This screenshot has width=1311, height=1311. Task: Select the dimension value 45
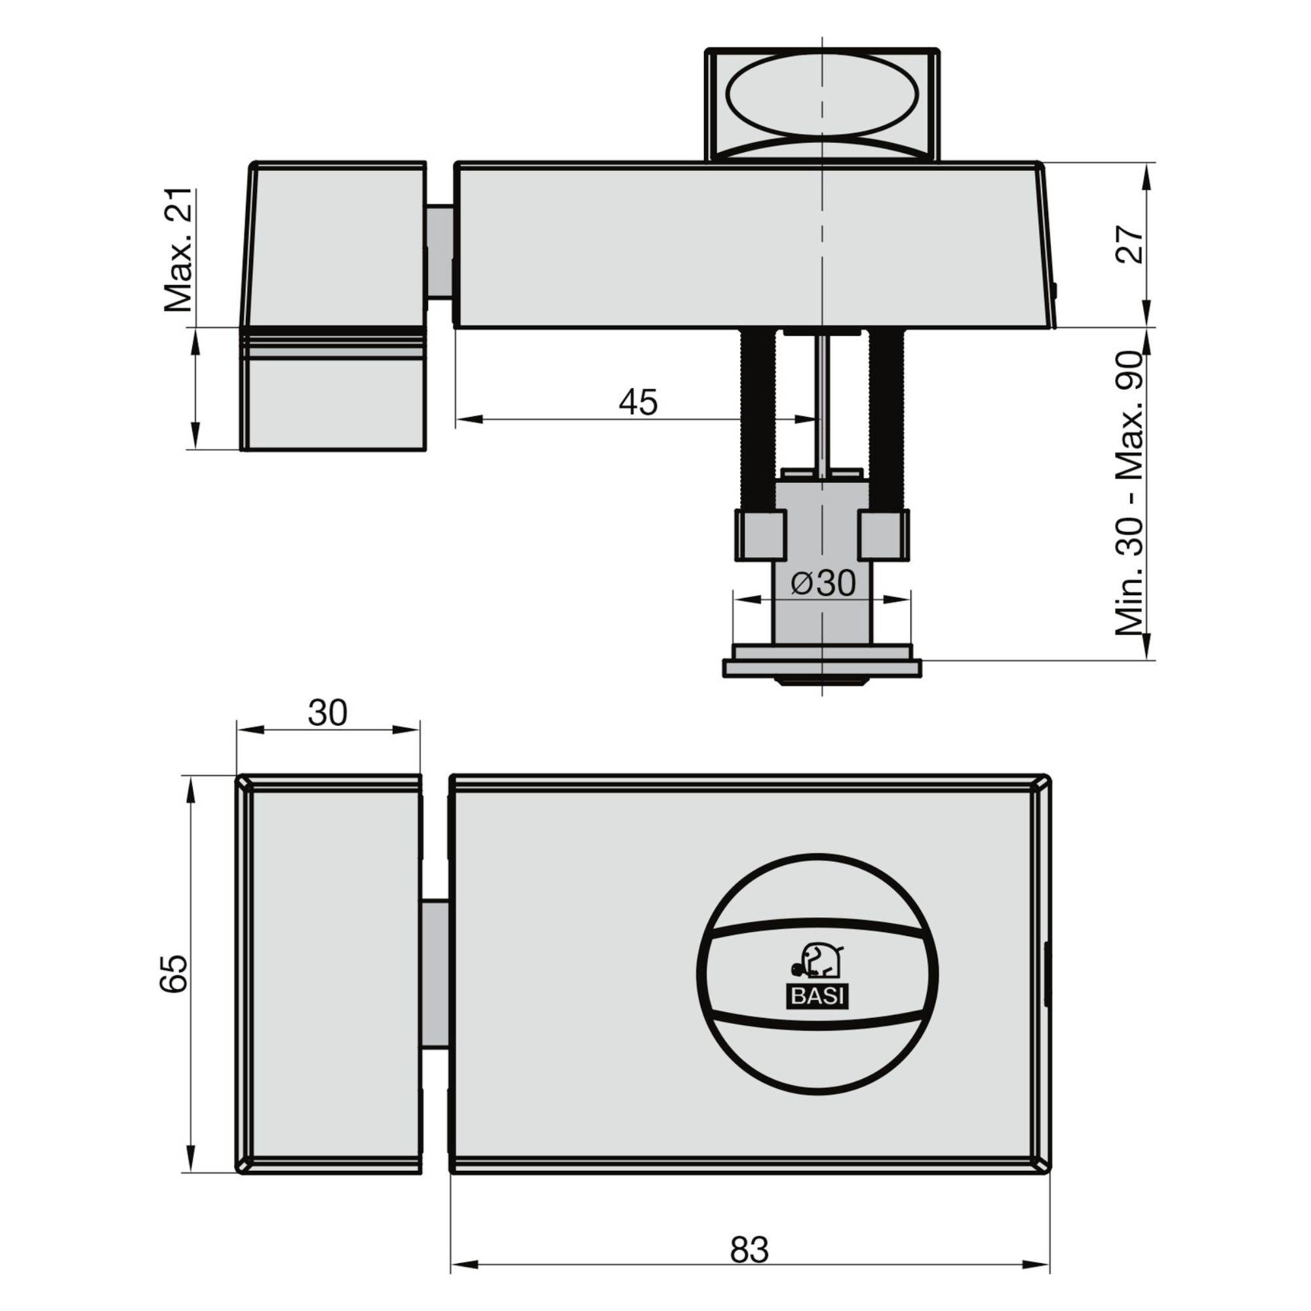pos(638,402)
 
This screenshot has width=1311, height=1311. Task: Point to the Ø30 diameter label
pos(823,583)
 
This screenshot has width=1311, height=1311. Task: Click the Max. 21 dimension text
pos(178,250)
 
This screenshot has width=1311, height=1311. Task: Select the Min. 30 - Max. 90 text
pos(1130,494)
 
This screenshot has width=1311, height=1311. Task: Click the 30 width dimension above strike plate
pos(327,713)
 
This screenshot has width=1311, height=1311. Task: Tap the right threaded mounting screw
pos(886,421)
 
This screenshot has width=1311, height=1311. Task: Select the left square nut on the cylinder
pos(760,536)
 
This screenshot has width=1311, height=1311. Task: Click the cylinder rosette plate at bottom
pos(823,667)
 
